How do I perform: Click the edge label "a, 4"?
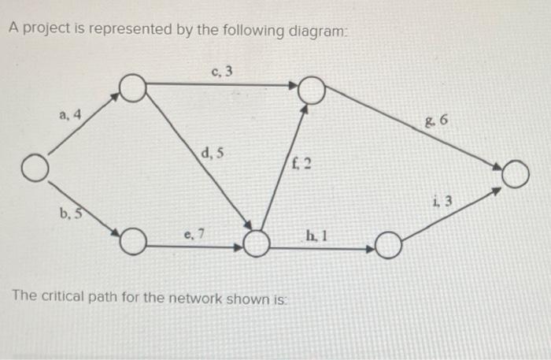70,116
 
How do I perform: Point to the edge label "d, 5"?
212,154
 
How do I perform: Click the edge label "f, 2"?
301,165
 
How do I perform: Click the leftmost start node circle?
33,169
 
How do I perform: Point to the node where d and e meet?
256,243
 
